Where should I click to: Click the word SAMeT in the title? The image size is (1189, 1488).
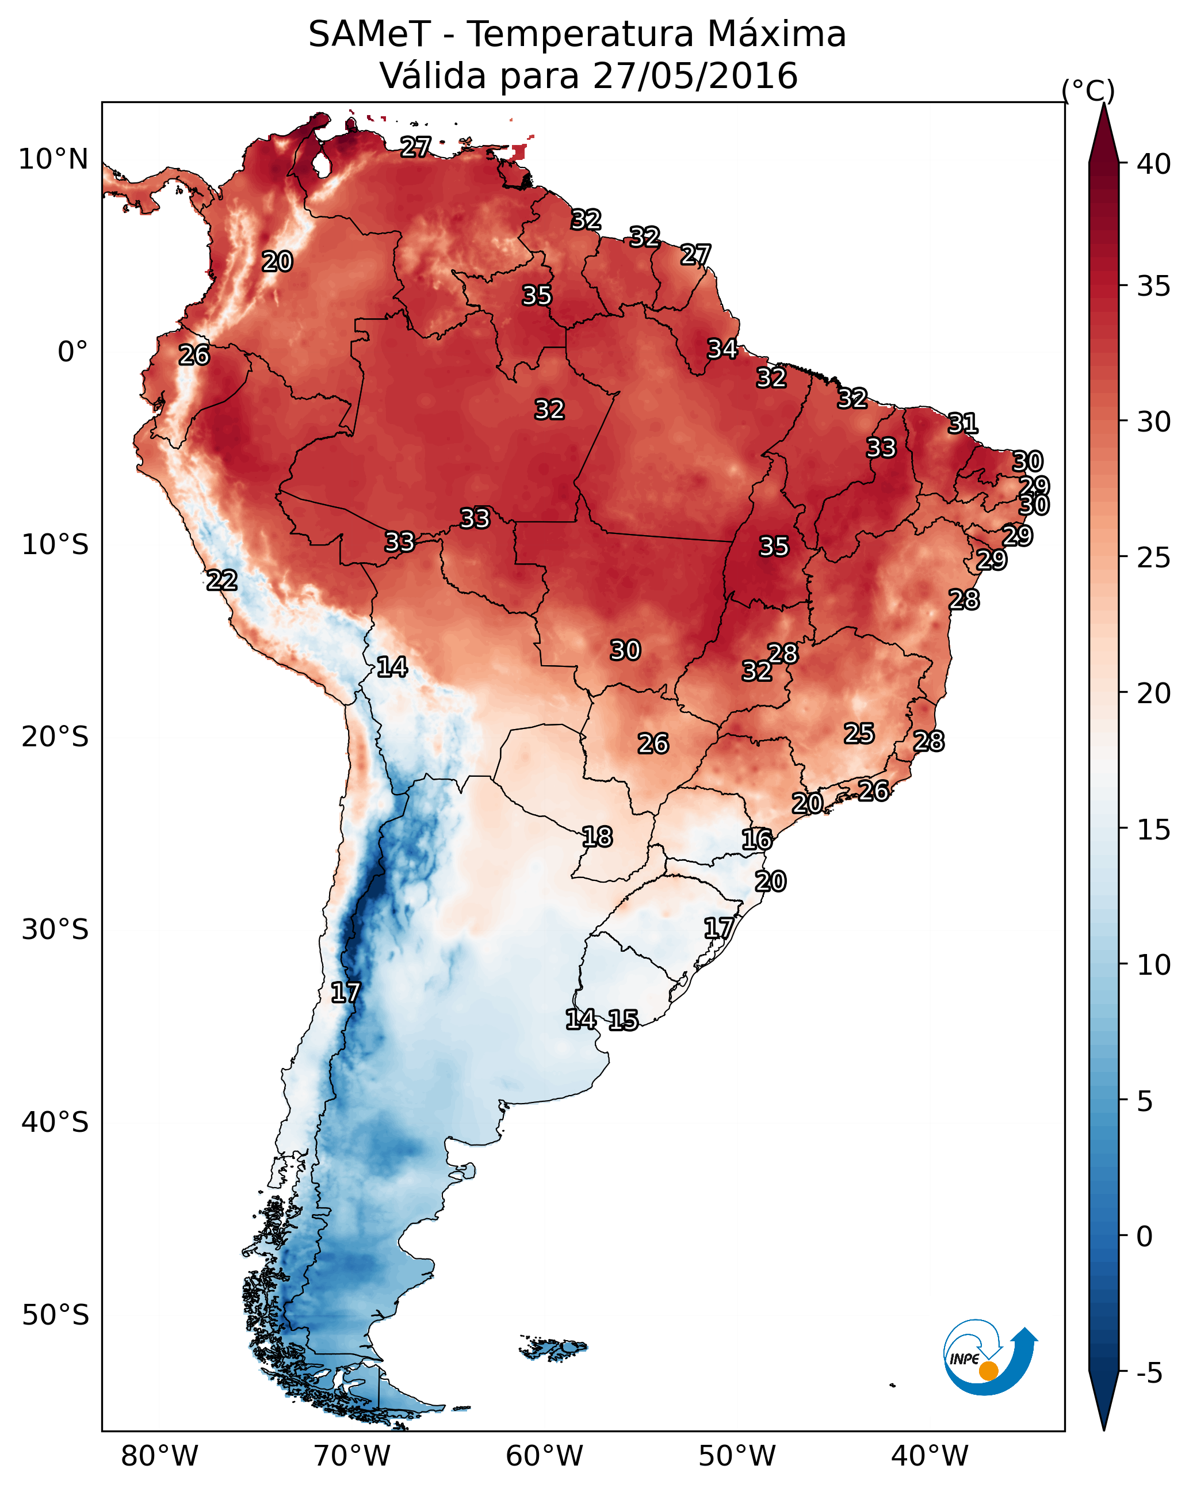tap(369, 35)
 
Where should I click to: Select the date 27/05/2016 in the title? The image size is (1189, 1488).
tap(695, 76)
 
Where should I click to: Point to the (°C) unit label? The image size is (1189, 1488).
tap(1088, 90)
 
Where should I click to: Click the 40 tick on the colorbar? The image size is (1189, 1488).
tap(1154, 164)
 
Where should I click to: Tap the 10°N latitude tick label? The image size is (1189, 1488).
tap(53, 159)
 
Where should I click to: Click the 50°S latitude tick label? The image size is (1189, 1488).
tap(55, 1315)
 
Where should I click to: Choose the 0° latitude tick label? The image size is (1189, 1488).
tap(72, 352)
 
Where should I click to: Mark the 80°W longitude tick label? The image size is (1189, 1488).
tap(159, 1456)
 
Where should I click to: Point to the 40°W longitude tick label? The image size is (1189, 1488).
tap(930, 1456)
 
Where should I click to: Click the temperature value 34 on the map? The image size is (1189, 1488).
tap(722, 349)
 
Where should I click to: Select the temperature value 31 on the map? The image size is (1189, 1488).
tap(963, 423)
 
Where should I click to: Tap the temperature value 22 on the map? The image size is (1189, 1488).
tap(222, 581)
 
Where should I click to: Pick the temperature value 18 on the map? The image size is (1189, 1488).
tap(597, 837)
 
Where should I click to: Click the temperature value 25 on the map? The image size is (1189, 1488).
tap(859, 734)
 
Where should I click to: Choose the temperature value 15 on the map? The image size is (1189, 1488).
tap(623, 1020)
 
